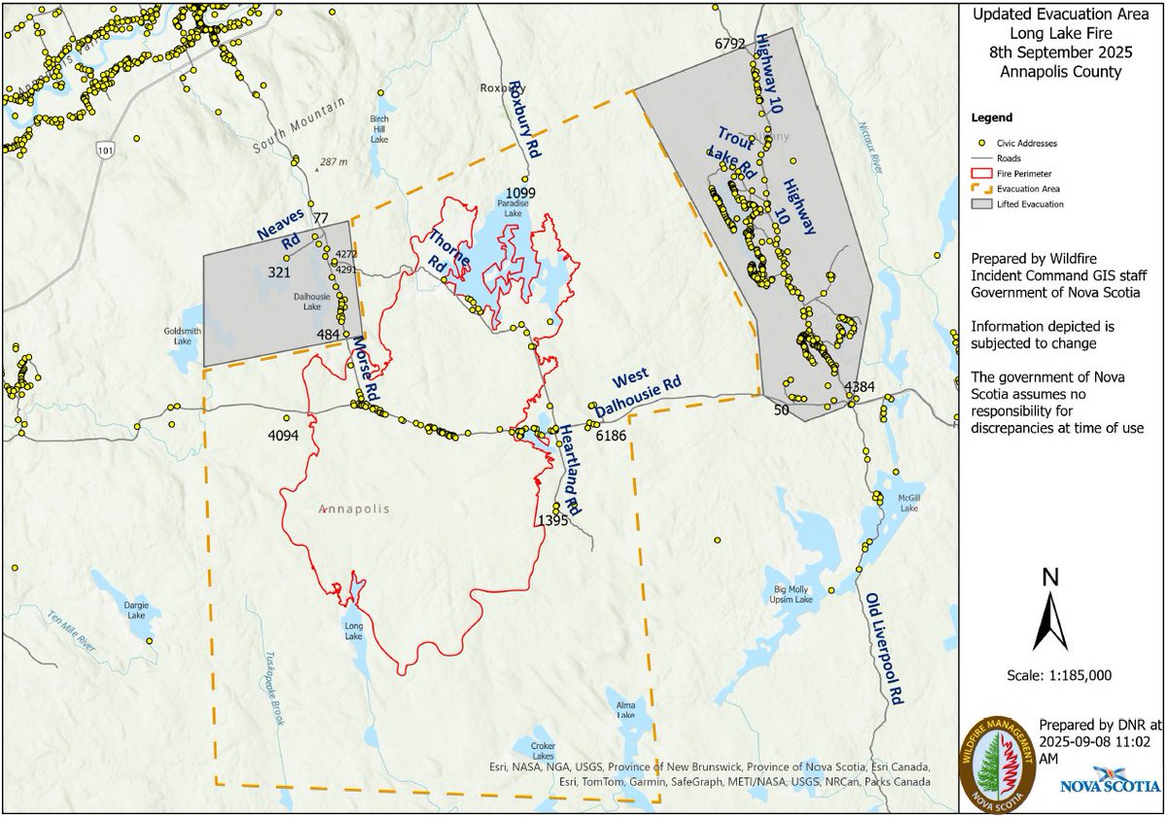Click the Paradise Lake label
click(x=512, y=208)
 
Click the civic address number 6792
click(x=729, y=43)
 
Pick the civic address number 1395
click(x=551, y=521)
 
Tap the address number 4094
click(x=283, y=434)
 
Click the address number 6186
click(x=611, y=436)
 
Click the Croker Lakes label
click(x=543, y=751)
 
